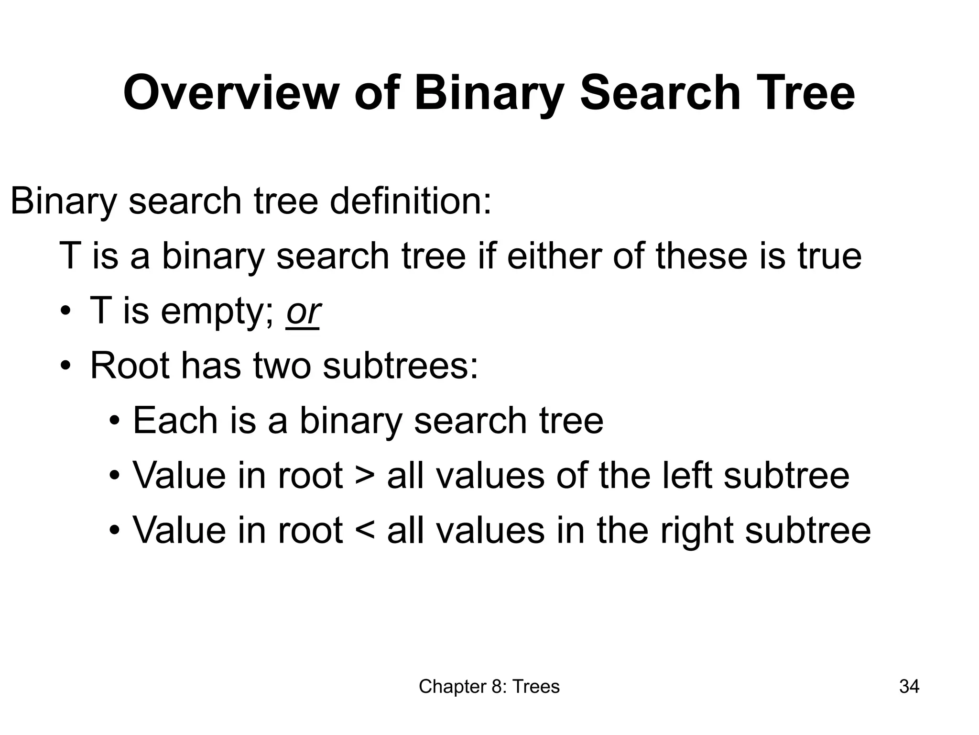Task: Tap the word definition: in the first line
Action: [x=411, y=201]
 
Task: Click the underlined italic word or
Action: [x=303, y=312]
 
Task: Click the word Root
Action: [x=130, y=366]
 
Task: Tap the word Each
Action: [x=174, y=421]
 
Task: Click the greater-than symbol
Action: [x=365, y=476]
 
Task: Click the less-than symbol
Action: [x=365, y=531]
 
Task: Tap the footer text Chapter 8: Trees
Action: [x=489, y=687]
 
